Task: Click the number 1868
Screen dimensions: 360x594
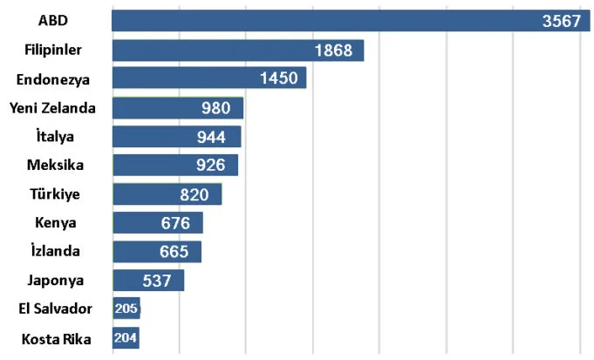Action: tap(333, 51)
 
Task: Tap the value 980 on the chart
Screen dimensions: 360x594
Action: tap(215, 108)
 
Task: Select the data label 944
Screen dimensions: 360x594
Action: tap(212, 137)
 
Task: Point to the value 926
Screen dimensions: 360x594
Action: tap(210, 165)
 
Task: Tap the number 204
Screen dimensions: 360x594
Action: tap(126, 337)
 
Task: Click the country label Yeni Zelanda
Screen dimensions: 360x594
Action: tap(52, 108)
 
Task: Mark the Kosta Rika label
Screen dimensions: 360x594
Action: tap(53, 337)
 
